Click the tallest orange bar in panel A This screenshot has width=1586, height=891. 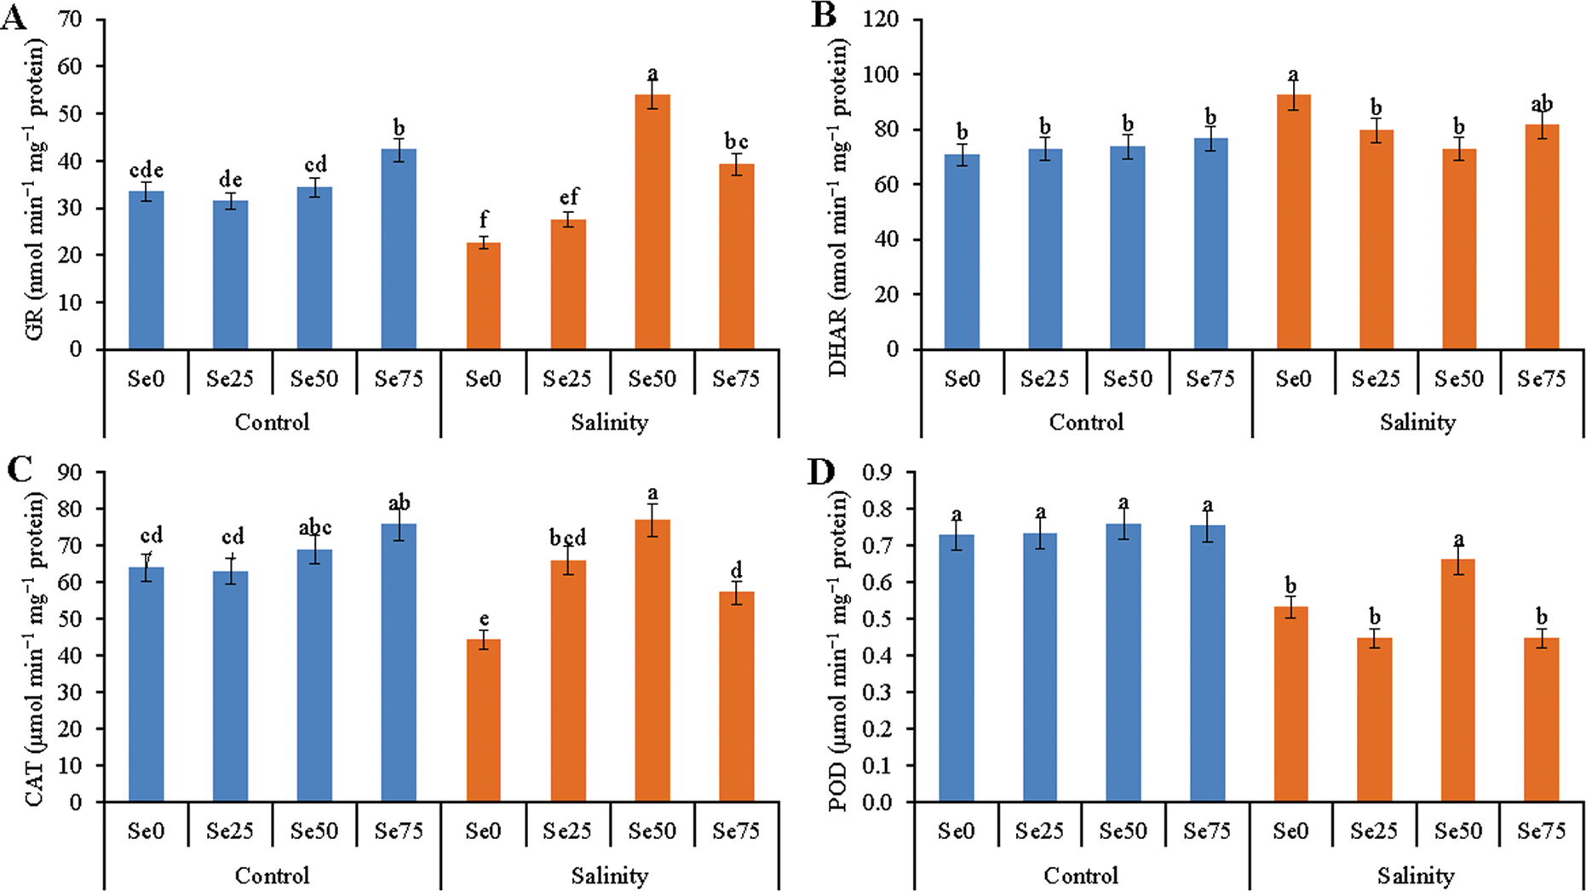click(652, 221)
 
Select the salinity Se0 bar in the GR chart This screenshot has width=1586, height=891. click(483, 296)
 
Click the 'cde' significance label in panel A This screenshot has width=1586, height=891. click(146, 170)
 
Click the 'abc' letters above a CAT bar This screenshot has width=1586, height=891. click(315, 528)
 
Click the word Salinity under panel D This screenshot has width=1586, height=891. click(1416, 876)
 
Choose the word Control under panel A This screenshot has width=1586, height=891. click(272, 423)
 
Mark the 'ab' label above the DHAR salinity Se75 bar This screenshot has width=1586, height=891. click(1542, 105)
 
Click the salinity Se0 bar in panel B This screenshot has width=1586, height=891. click(1293, 221)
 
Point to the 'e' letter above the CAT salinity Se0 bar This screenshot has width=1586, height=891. click(483, 619)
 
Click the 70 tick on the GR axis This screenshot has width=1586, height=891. click(71, 20)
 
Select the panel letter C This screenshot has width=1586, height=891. click(19, 469)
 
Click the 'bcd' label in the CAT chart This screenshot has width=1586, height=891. click(567, 538)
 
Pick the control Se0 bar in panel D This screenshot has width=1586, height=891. click(957, 668)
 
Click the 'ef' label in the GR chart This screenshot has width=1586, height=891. click(568, 198)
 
